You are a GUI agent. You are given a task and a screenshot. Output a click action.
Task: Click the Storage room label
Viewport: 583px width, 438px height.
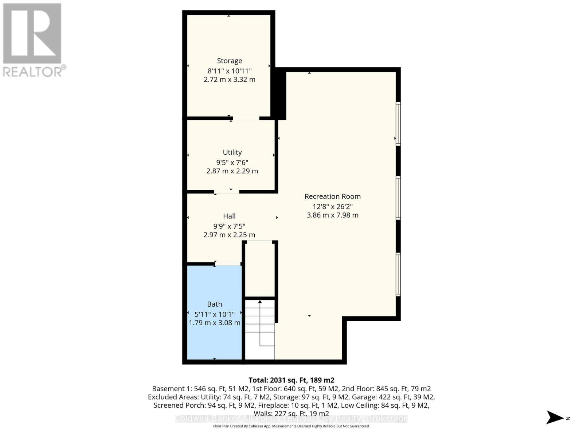229,61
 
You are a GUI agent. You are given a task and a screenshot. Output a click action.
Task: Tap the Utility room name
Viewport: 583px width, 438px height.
232,153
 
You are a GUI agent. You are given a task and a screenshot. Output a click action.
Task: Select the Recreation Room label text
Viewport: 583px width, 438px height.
332,196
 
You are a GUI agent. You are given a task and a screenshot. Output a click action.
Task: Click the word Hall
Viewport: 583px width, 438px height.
229,216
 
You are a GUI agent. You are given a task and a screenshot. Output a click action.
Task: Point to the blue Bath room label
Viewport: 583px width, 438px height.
214,304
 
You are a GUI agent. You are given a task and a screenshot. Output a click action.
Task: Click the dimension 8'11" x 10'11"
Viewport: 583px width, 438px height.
229,70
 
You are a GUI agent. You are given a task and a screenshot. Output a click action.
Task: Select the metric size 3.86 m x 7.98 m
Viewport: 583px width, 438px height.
332,215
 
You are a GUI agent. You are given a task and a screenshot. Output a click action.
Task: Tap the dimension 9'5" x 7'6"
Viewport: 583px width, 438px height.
232,162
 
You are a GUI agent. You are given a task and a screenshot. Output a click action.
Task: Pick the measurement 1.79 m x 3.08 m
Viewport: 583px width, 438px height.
214,323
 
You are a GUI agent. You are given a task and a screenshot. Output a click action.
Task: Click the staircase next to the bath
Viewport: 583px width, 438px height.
260,328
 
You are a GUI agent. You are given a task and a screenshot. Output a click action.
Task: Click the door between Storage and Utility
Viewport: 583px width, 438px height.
246,118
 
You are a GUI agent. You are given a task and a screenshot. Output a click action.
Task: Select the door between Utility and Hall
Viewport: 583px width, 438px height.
226,192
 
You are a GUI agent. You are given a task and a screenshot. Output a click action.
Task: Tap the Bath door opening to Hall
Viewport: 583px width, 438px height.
228,264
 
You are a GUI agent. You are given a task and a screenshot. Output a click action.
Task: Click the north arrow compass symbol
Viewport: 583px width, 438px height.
555,418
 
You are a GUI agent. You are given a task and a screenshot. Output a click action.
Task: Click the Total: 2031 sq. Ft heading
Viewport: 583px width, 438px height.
291,380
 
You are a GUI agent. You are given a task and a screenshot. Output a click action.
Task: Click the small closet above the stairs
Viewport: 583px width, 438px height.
259,270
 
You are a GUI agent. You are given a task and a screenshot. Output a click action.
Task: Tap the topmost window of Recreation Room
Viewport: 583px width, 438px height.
398,124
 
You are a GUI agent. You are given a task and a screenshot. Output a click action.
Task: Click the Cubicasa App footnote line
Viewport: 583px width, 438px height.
291,426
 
